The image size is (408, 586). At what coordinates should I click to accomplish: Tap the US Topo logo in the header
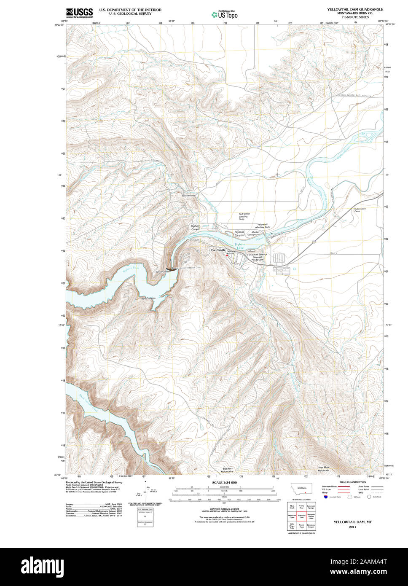[x=225, y=14]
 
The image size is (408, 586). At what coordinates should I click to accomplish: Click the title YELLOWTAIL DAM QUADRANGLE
[x=355, y=9]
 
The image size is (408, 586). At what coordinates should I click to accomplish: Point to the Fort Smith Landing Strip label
[x=244, y=217]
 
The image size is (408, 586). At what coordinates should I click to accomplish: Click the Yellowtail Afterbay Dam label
[x=262, y=226]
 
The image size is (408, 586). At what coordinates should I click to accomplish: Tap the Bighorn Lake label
[x=240, y=247]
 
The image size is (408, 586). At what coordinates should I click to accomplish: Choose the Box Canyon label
[x=148, y=298]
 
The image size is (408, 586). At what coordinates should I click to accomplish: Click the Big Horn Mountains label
[x=228, y=470]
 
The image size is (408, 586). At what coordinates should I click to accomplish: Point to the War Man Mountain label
[x=323, y=469]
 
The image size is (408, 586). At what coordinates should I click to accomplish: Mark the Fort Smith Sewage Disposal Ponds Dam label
[x=258, y=257]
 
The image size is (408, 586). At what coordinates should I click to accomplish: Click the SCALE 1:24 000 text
[x=224, y=482]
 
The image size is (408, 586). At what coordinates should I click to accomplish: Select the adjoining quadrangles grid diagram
[x=301, y=516]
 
